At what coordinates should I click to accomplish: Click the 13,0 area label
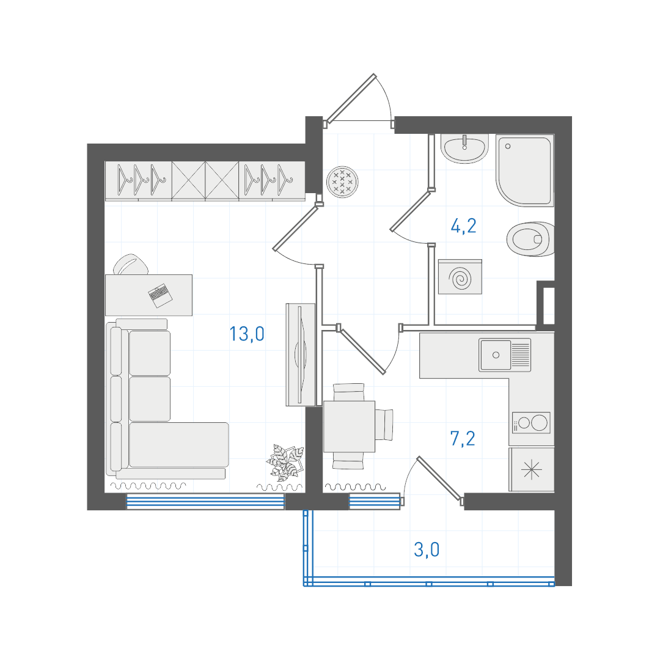(247, 334)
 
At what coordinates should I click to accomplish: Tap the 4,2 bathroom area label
(463, 226)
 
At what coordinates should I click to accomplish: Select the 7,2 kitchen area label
(463, 439)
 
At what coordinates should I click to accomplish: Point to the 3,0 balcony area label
(427, 550)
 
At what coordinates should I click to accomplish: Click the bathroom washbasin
(464, 148)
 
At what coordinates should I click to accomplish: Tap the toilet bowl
(530, 239)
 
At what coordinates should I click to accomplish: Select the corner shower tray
(525, 170)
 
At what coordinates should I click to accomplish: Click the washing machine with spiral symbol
(460, 277)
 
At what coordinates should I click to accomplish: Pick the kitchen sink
(505, 355)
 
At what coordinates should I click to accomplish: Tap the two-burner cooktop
(531, 423)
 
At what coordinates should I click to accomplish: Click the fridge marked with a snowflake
(531, 469)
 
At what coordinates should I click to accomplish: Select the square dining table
(349, 427)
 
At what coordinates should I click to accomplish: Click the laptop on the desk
(160, 295)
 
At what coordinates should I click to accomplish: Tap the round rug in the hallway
(343, 182)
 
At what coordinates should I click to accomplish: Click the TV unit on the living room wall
(301, 355)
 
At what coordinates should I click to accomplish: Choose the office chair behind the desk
(131, 265)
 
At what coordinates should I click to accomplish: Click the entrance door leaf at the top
(350, 98)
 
